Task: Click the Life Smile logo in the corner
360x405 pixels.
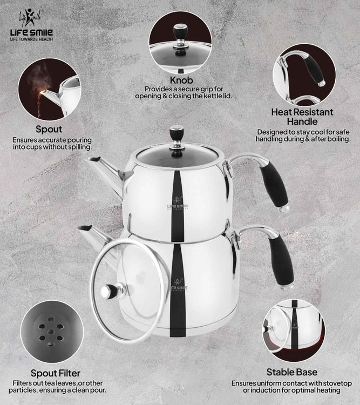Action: [31, 25]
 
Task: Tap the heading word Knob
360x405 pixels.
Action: [181, 80]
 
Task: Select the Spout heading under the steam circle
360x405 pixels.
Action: [49, 129]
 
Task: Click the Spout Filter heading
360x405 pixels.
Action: [56, 373]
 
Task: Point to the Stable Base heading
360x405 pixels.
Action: [292, 372]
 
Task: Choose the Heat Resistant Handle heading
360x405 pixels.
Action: [302, 117]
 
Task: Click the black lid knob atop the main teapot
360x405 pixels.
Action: [176, 134]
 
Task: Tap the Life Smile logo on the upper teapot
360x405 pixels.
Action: [178, 204]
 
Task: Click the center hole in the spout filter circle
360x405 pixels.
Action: [51, 332]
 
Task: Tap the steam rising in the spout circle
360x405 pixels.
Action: [39, 77]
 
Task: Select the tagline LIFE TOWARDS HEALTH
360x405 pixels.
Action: [31, 39]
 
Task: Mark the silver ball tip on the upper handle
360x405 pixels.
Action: [284, 209]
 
